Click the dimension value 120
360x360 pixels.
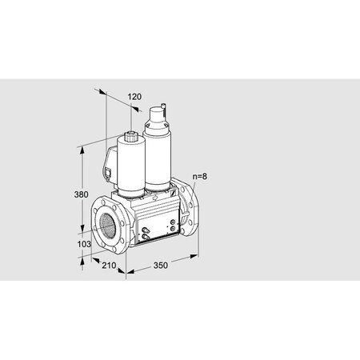point(134,97)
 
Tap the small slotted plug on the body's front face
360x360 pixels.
point(145,233)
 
